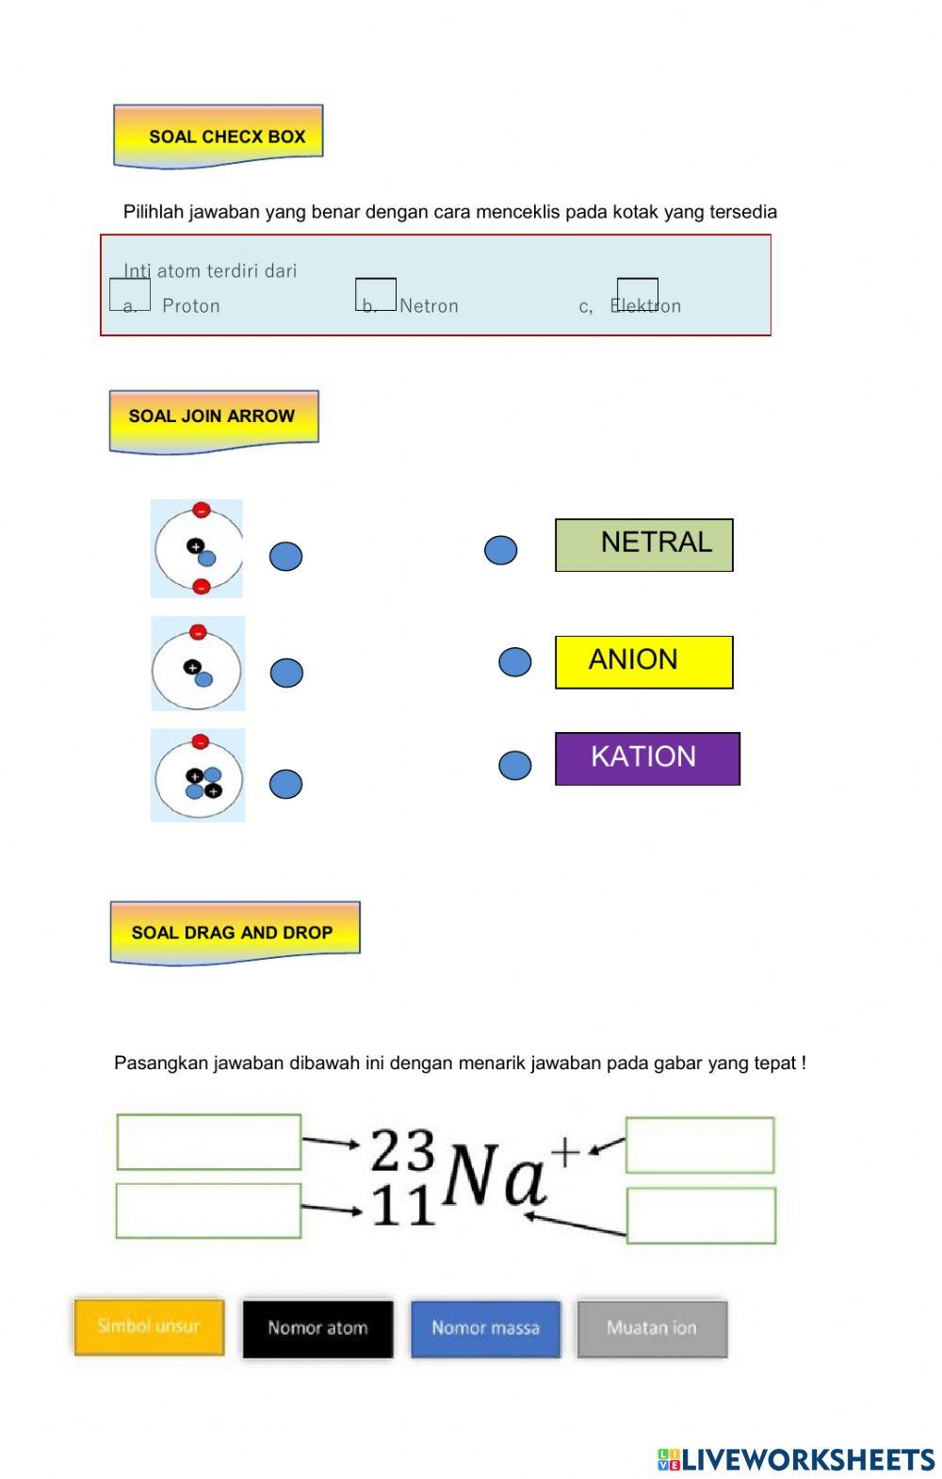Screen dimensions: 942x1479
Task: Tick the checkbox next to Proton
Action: (130, 294)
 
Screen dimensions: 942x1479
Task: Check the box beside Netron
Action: (375, 294)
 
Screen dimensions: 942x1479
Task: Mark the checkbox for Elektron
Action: (637, 294)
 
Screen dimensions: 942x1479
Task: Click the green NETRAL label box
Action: (643, 544)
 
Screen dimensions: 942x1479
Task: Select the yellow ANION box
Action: (643, 661)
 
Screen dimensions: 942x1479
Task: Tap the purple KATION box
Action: (647, 758)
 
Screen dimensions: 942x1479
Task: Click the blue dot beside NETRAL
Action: (500, 550)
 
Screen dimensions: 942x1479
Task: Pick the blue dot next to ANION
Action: (514, 661)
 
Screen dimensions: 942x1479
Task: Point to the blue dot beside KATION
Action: (514, 765)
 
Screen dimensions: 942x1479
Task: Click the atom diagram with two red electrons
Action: (197, 548)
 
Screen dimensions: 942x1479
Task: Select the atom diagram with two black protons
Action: (198, 775)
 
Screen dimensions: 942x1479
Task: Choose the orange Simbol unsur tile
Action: (149, 1327)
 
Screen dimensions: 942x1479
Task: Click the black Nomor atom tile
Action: (317, 1329)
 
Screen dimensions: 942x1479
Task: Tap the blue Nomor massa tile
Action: (485, 1329)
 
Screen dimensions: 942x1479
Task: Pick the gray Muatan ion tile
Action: (652, 1329)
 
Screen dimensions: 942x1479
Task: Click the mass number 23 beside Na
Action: (402, 1150)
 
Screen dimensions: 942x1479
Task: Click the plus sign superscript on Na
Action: (565, 1151)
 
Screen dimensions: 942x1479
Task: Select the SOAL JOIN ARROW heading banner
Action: (214, 420)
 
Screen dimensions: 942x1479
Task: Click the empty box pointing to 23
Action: (208, 1142)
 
